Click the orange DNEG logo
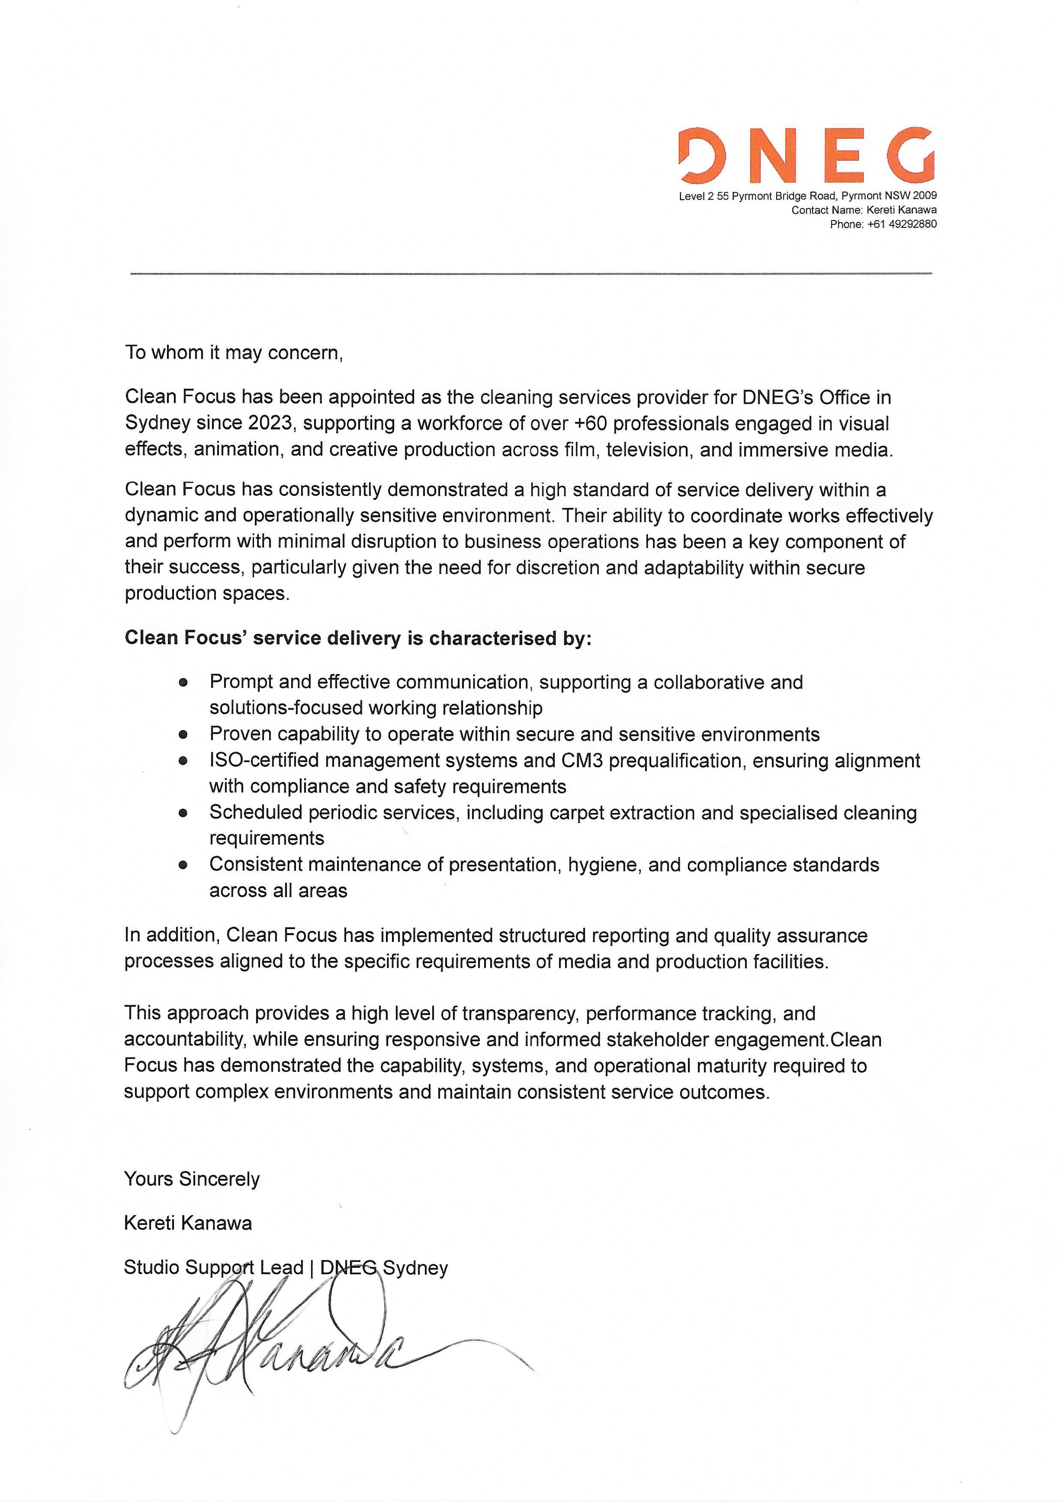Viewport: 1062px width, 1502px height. [x=807, y=156]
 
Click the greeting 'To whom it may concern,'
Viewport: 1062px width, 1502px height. [x=233, y=353]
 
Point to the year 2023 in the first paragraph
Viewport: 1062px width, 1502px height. [x=269, y=423]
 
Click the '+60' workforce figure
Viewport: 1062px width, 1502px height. [x=589, y=423]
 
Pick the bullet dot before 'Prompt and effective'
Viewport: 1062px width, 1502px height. [x=183, y=682]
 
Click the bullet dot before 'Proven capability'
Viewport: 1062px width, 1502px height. [x=183, y=735]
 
